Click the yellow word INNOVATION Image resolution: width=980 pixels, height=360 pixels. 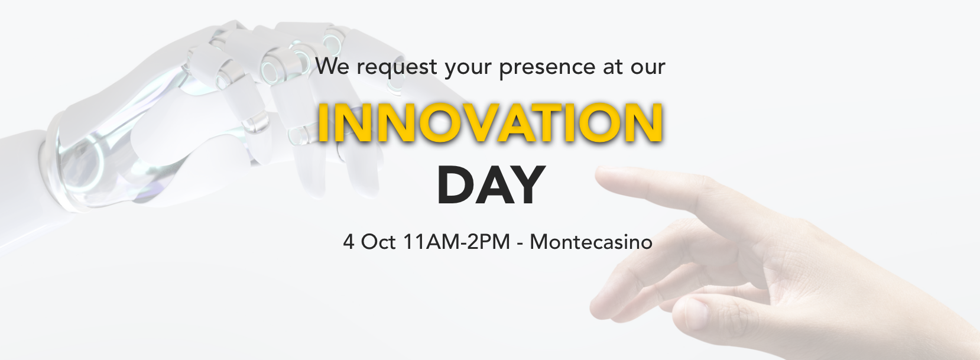point(489,123)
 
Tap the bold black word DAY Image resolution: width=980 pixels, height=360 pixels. point(491,185)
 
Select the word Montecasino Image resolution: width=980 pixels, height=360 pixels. point(591,242)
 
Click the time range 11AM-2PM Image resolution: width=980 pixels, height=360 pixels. point(456,242)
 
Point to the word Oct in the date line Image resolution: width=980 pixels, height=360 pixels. point(378,242)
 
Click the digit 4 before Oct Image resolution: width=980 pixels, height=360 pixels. point(348,242)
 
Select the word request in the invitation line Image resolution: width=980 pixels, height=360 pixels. point(397,68)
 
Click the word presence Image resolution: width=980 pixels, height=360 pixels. point(547,68)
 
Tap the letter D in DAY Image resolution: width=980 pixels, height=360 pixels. point(454,185)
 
